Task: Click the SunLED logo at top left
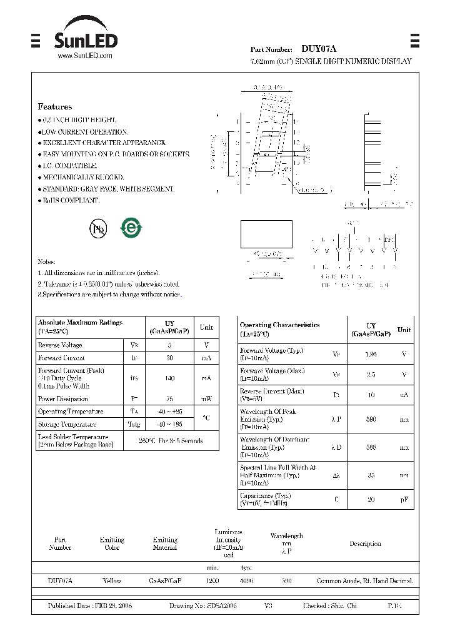[x=85, y=39]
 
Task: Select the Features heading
[x=55, y=107]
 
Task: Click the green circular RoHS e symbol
[x=131, y=228]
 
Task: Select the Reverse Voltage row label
[x=60, y=345]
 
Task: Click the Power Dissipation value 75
[x=169, y=398]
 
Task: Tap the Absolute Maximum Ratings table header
[x=80, y=327]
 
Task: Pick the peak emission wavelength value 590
[x=371, y=419]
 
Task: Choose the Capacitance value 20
[x=371, y=499]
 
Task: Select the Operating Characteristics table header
[x=279, y=329]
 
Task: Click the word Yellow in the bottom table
[x=112, y=581]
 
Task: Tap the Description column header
[x=365, y=544]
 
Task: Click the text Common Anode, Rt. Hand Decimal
[x=365, y=581]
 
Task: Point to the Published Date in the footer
[x=90, y=606]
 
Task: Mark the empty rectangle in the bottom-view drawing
[x=267, y=235]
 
